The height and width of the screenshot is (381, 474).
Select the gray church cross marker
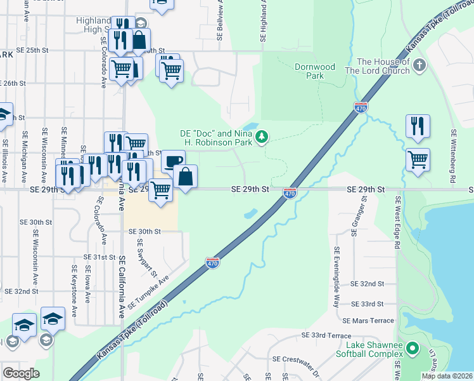pyautogui.click(x=419, y=64)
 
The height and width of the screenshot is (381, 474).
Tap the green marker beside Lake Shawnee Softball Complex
pyautogui.click(x=413, y=348)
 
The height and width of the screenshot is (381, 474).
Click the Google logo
pyautogui.click(x=21, y=373)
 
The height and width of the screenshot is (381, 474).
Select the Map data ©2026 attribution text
pyautogui.click(x=447, y=376)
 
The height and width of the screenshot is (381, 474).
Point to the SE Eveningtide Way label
pyautogui.click(x=337, y=277)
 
